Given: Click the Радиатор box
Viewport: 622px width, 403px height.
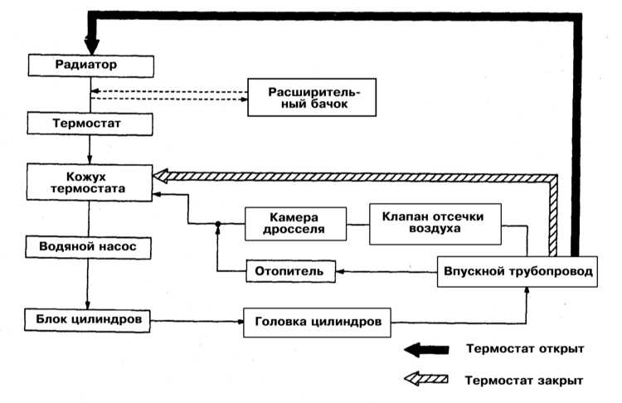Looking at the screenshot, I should pyautogui.click(x=90, y=64).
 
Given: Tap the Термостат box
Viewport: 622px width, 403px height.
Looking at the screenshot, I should pyautogui.click(x=90, y=124).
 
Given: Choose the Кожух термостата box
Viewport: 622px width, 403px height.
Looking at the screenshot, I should pyautogui.click(x=90, y=182).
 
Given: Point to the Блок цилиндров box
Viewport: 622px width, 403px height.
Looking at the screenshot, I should pyautogui.click(x=90, y=318).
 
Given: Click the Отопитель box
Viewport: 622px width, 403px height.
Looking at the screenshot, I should pyautogui.click(x=290, y=270).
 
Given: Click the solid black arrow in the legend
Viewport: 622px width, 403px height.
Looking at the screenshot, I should pyautogui.click(x=426, y=349).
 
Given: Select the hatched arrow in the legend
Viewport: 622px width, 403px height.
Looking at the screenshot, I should pyautogui.click(x=426, y=380).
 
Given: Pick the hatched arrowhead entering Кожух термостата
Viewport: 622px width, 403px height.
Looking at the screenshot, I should pyautogui.click(x=160, y=175).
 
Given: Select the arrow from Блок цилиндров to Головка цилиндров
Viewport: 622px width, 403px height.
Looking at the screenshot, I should pyautogui.click(x=197, y=319).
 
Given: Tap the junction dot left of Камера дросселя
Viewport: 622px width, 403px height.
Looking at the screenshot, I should pyautogui.click(x=217, y=224).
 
